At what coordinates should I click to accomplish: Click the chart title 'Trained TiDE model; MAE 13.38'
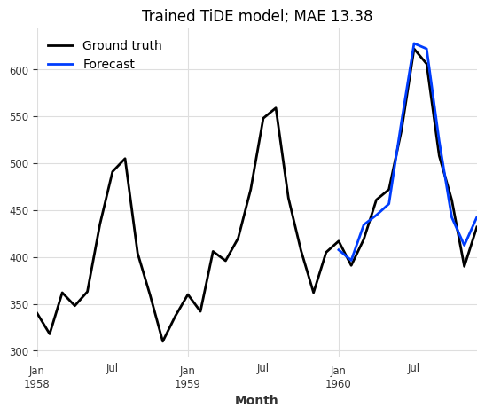point(256,16)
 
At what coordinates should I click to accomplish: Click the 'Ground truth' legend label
point(121,46)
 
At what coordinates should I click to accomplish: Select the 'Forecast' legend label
point(108,65)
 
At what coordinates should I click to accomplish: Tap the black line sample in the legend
point(60,46)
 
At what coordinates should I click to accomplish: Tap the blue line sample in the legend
point(60,65)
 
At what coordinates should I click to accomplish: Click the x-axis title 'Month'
point(256,401)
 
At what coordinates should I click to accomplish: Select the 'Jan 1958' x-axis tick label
point(37,377)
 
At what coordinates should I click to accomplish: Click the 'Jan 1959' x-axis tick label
point(187,377)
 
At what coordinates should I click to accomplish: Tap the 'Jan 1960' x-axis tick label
point(338,377)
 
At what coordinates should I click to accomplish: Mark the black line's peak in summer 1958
point(125,159)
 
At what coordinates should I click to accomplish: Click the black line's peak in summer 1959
point(275,108)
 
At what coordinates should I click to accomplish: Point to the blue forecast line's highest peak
point(413,43)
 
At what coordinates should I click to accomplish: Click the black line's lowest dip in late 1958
point(162,341)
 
